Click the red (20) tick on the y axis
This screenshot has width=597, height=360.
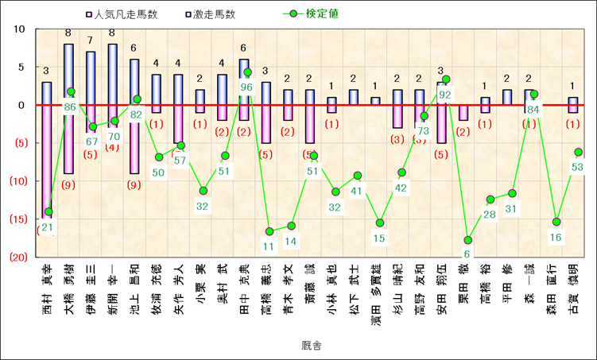tap(18, 257)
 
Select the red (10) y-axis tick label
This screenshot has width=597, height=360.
tap(18, 181)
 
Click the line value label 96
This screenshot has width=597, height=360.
tap(246, 87)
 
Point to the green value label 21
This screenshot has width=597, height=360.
tap(48, 227)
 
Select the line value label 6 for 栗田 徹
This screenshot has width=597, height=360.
tap(467, 254)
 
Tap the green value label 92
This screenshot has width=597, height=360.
tap(444, 94)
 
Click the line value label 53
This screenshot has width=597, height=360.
tap(577, 167)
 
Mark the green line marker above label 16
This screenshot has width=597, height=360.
tap(556, 222)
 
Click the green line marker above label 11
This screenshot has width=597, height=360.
tap(269, 231)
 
